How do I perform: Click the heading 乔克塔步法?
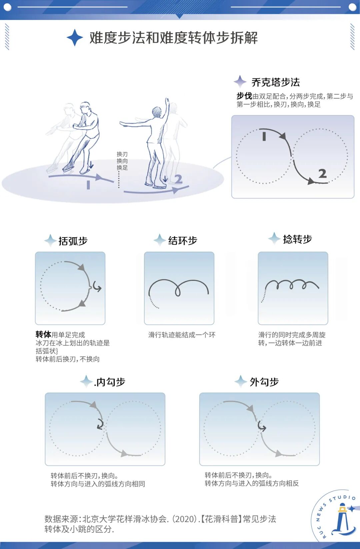(x=275, y=82)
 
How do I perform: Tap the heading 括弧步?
(x=73, y=241)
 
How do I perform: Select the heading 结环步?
(x=182, y=241)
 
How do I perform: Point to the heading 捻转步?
(x=297, y=239)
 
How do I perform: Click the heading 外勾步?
(x=264, y=382)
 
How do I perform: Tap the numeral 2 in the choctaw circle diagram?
(x=322, y=174)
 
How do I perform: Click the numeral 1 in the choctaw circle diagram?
(x=264, y=136)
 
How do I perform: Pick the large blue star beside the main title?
(x=75, y=38)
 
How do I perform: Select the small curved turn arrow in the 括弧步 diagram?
(x=97, y=287)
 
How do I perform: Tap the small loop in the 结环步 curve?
(x=178, y=291)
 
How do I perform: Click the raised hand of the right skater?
(x=167, y=101)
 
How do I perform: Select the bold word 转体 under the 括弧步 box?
(x=43, y=334)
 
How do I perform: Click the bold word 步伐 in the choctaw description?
(x=244, y=96)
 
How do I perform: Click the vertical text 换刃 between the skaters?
(x=122, y=154)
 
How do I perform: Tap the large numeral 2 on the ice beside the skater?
(x=178, y=179)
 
